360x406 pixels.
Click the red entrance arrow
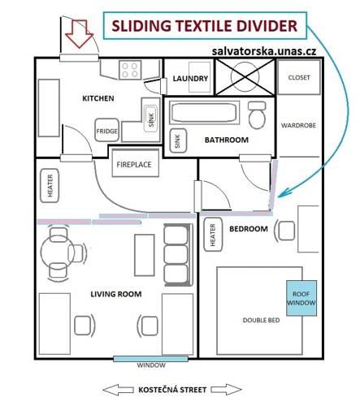pos(79,34)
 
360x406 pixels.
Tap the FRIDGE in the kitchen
pos(107,131)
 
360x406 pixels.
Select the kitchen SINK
pos(151,119)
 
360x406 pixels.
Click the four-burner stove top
pos(130,70)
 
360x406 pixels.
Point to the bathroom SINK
pos(178,140)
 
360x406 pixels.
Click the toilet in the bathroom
pos(257,115)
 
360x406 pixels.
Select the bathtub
pos(204,113)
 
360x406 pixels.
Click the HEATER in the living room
pos(50,186)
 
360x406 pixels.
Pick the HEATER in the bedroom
pos(213,235)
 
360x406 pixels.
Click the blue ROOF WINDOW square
pos(301,298)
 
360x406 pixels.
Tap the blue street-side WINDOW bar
pos(150,359)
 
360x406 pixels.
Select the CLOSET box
pos(299,77)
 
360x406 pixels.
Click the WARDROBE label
pos(298,125)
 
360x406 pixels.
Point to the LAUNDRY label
pos(190,79)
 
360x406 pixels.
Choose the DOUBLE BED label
pos(261,320)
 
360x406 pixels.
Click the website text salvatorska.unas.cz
pos(264,51)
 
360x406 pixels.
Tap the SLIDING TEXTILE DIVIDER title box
pos(205,26)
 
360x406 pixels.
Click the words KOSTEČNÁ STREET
pos(172,390)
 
